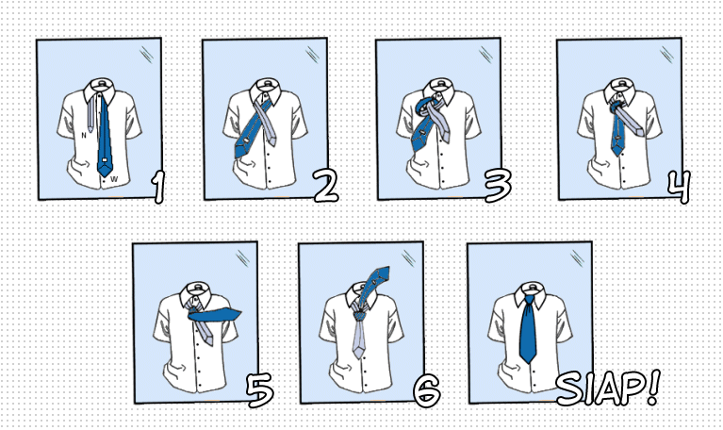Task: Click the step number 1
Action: click(158, 187)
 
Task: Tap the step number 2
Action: click(326, 186)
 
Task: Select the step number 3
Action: click(499, 185)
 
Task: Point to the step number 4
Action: click(680, 187)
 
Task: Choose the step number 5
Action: click(259, 390)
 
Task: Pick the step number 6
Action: click(426, 390)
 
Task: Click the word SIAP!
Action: click(608, 388)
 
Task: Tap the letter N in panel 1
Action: click(84, 135)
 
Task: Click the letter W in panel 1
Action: click(114, 179)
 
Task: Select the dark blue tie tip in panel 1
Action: click(105, 170)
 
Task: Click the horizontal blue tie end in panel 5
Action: click(215, 315)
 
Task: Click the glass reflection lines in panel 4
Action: click(666, 55)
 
